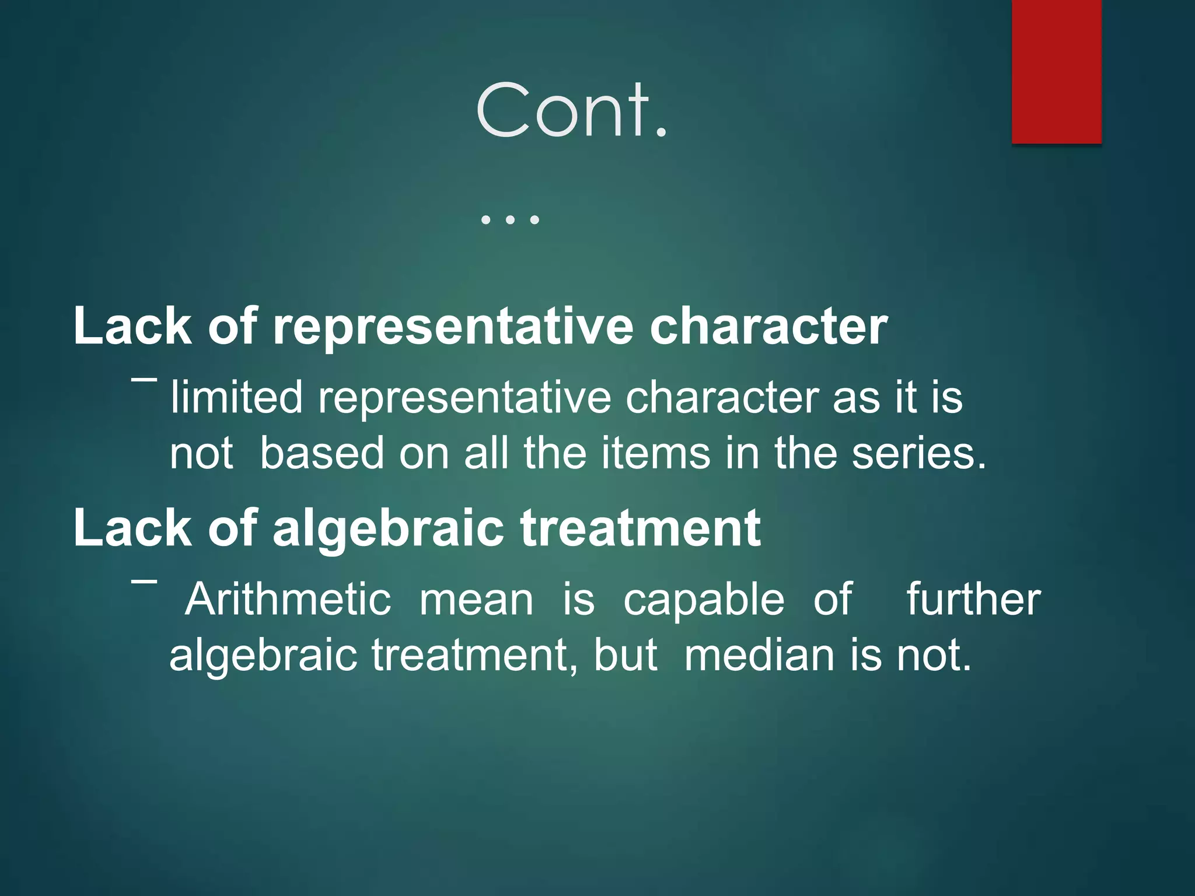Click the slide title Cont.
tap(571, 111)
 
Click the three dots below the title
tap(509, 220)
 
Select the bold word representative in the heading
tap(453, 327)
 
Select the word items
tap(655, 453)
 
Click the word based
tap(322, 453)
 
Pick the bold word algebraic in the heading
tap(388, 528)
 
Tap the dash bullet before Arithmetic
tap(144, 582)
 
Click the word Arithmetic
tap(288, 600)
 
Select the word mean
tap(476, 600)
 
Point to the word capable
tap(704, 600)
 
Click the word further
tap(973, 600)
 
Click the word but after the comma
tap(626, 655)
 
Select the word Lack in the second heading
tap(132, 528)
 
